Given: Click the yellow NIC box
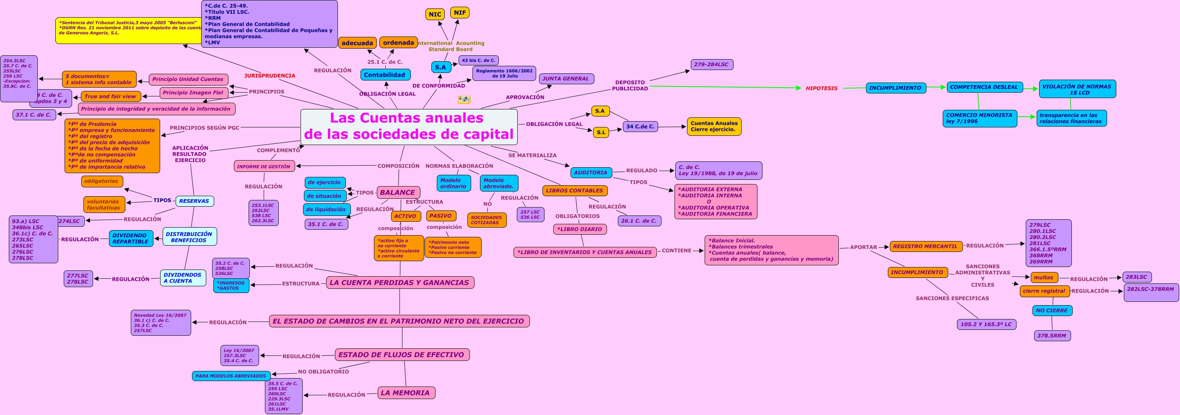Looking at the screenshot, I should (x=435, y=14).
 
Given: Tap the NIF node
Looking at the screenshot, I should (x=459, y=13).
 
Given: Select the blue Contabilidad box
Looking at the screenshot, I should (x=385, y=75).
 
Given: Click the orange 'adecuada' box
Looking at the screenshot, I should (x=357, y=43).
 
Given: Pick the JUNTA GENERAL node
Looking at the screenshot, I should (x=566, y=79).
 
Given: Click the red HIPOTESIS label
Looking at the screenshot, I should (x=821, y=88).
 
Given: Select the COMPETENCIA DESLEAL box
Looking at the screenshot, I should (x=984, y=87).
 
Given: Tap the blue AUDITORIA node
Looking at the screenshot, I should (x=591, y=173).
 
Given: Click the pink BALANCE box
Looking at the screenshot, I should (x=398, y=192).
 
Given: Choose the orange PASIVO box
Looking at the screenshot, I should (x=440, y=216).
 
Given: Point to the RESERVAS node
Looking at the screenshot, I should (x=194, y=201).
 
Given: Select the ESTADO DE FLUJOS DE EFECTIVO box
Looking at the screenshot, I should (x=401, y=355).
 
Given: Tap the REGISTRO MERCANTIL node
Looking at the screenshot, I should (x=925, y=246).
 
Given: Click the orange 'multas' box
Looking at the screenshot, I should (x=1044, y=278).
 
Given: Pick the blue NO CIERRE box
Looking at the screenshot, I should (x=1052, y=311).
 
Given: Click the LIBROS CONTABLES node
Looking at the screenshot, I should (x=574, y=191).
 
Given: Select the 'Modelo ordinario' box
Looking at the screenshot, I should (x=453, y=183).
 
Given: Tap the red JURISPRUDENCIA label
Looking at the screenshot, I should (x=270, y=75).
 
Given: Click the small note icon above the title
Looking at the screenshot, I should (x=464, y=99).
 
